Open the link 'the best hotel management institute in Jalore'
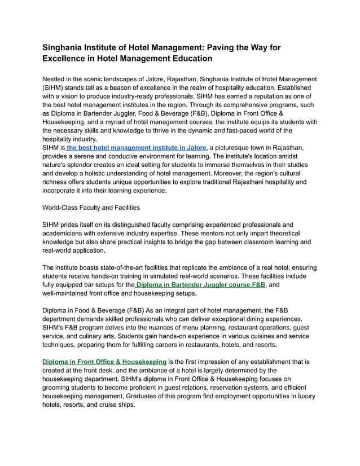[x=136, y=147]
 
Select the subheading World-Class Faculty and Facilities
[x=91, y=207]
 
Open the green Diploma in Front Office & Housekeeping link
[x=104, y=361]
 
